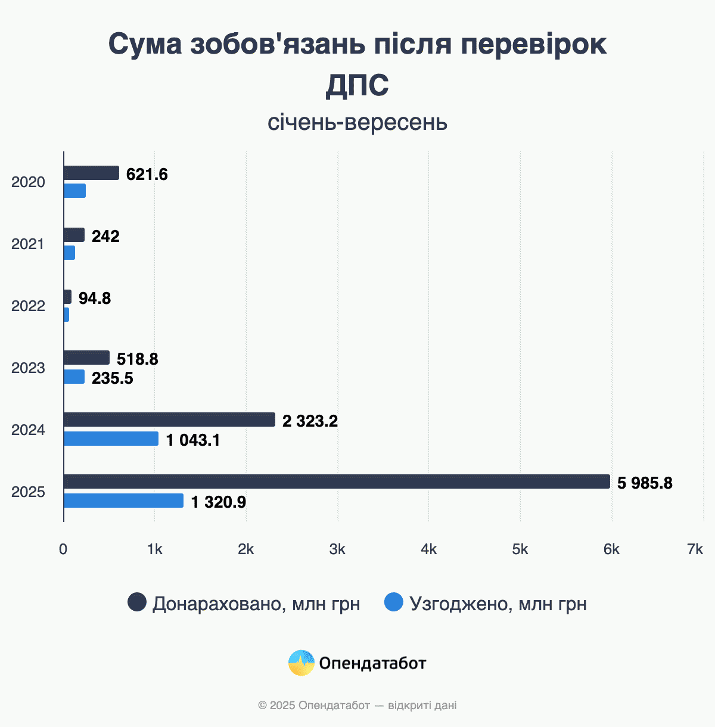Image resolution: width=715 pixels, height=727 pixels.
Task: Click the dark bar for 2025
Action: click(x=337, y=481)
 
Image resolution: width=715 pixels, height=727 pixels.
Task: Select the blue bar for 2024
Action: click(x=111, y=439)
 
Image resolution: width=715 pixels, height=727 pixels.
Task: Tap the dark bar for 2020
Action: click(x=91, y=173)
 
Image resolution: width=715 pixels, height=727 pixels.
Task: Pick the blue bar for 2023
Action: click(x=74, y=377)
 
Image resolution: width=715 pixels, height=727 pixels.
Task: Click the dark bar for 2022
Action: click(x=67, y=297)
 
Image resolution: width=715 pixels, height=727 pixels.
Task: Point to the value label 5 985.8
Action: click(x=645, y=483)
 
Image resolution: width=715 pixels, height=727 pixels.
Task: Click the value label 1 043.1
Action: click(x=193, y=440)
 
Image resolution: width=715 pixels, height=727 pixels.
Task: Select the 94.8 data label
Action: click(x=95, y=298)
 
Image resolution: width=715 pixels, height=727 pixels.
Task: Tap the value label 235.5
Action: click(x=113, y=378)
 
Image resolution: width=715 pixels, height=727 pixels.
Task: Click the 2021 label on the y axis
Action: click(x=28, y=244)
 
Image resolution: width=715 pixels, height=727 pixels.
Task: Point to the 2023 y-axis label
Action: click(x=28, y=368)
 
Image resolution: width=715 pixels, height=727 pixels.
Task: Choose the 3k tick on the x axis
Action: click(x=337, y=549)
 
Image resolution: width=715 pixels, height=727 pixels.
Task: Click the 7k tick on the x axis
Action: click(x=695, y=549)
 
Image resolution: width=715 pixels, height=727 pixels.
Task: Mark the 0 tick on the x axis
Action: click(x=63, y=549)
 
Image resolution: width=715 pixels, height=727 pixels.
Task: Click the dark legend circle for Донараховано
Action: click(x=137, y=602)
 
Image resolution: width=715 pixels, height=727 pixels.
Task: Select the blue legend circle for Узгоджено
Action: click(x=394, y=602)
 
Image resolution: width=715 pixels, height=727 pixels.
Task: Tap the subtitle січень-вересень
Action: click(x=357, y=123)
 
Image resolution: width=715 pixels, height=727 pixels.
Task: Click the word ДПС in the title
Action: click(x=357, y=85)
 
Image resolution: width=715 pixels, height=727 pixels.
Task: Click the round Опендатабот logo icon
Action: click(x=301, y=663)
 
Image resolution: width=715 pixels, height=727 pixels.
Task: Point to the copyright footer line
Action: click(x=357, y=706)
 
